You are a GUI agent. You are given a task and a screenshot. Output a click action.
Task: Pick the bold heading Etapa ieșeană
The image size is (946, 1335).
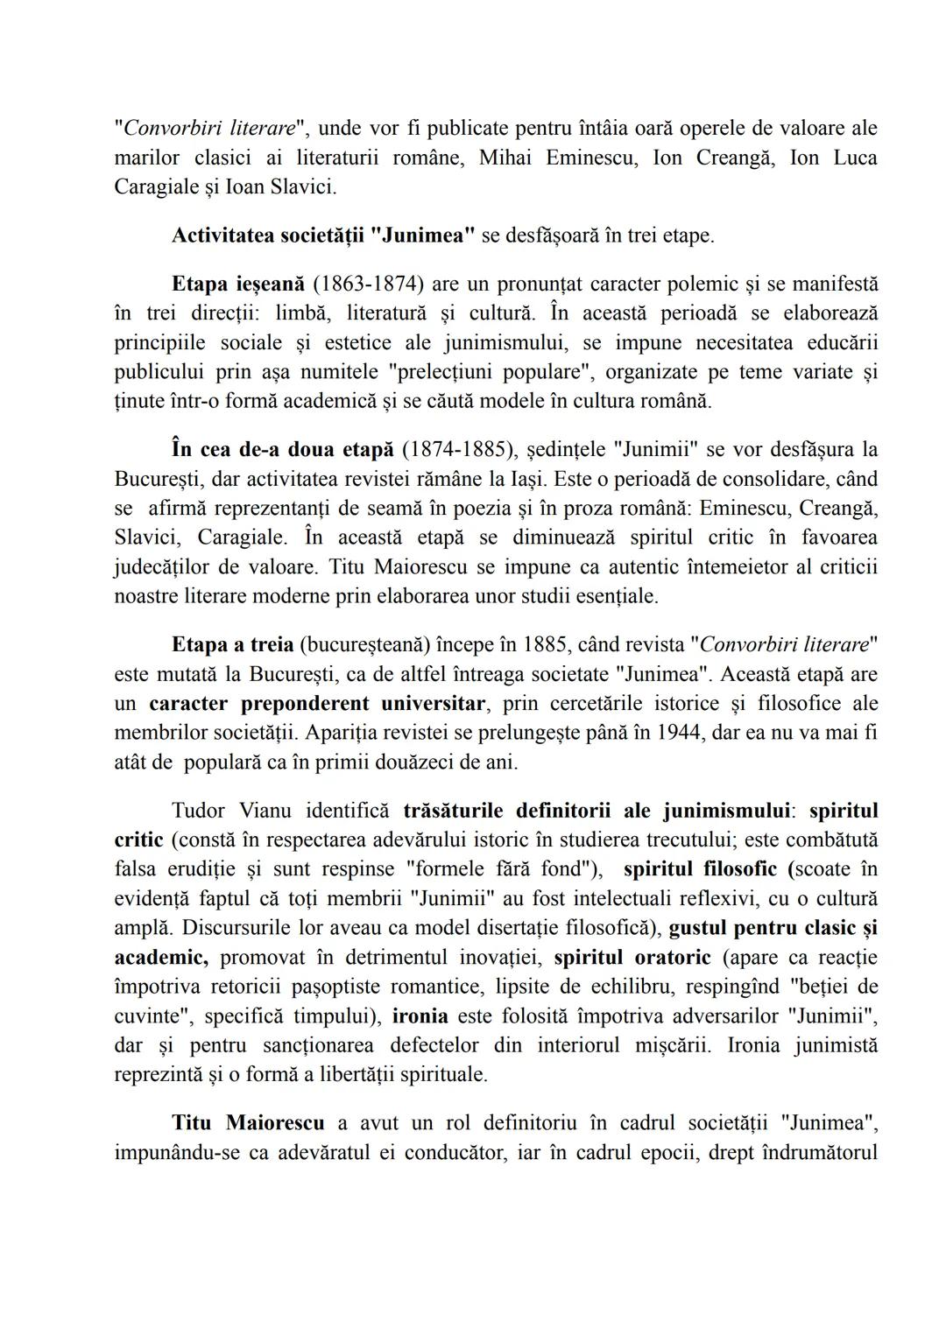click(x=238, y=285)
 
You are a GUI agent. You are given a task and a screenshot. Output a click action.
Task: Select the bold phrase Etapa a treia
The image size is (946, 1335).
click(x=232, y=645)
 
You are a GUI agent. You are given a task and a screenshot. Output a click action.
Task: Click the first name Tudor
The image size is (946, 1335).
click(x=198, y=811)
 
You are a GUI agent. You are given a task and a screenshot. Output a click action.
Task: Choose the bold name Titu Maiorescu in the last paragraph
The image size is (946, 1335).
click(x=248, y=1123)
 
